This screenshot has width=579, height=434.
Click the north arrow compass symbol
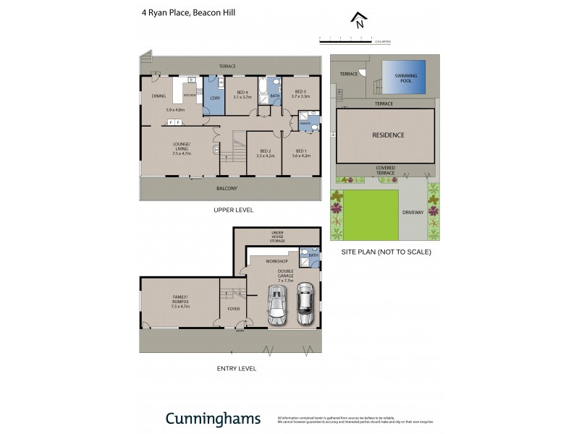point(357,21)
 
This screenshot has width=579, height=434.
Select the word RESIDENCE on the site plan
point(388,135)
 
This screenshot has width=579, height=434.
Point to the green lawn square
point(371,215)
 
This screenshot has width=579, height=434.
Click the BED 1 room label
point(301,152)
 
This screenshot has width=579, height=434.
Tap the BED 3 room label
point(300,93)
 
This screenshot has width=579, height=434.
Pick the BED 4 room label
point(242,93)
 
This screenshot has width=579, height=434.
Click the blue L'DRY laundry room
point(214,98)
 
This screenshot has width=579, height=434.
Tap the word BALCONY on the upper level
point(227,188)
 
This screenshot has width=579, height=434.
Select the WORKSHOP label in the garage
point(277,260)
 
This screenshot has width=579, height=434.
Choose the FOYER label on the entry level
point(233,309)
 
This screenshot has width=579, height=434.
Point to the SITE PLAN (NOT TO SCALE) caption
point(386,252)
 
